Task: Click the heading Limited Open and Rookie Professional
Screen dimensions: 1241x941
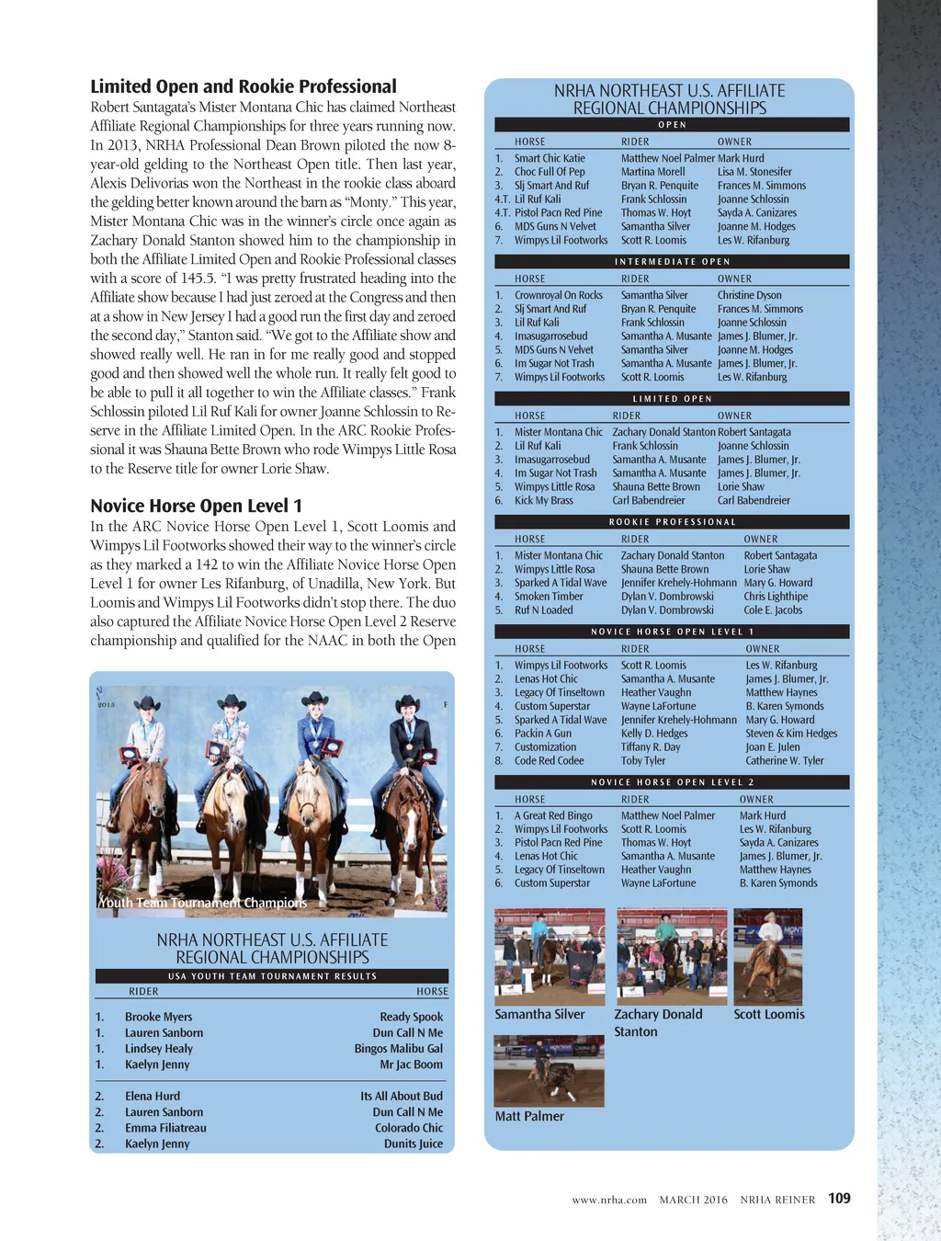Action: coord(244,86)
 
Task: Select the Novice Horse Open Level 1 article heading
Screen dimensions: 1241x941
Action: coord(196,506)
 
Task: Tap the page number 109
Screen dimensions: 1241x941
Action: coord(839,1198)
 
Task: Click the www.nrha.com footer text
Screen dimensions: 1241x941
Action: coord(609,1200)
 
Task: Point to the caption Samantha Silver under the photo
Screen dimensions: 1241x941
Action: coord(539,1014)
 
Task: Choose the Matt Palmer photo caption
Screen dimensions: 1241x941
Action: coord(529,1116)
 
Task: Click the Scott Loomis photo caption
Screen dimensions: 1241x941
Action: coord(769,1014)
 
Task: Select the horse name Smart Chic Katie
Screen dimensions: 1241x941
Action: coord(550,158)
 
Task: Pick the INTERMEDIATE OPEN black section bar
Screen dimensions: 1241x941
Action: coord(672,261)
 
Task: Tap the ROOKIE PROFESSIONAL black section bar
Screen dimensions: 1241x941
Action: coord(672,522)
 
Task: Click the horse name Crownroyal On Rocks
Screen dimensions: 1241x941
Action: coord(559,295)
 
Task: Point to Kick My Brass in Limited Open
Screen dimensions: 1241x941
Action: coord(543,500)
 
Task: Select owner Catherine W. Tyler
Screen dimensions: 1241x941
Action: coord(785,760)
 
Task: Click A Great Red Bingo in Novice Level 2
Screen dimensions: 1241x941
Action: coord(553,815)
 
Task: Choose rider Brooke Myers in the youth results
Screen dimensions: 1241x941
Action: coord(158,1017)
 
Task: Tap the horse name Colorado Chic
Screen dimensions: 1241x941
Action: coord(409,1128)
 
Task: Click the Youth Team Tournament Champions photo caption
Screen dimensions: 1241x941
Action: coord(203,903)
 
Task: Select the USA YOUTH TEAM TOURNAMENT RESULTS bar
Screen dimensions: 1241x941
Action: coord(272,976)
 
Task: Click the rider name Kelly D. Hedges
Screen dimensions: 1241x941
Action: coord(654,734)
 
